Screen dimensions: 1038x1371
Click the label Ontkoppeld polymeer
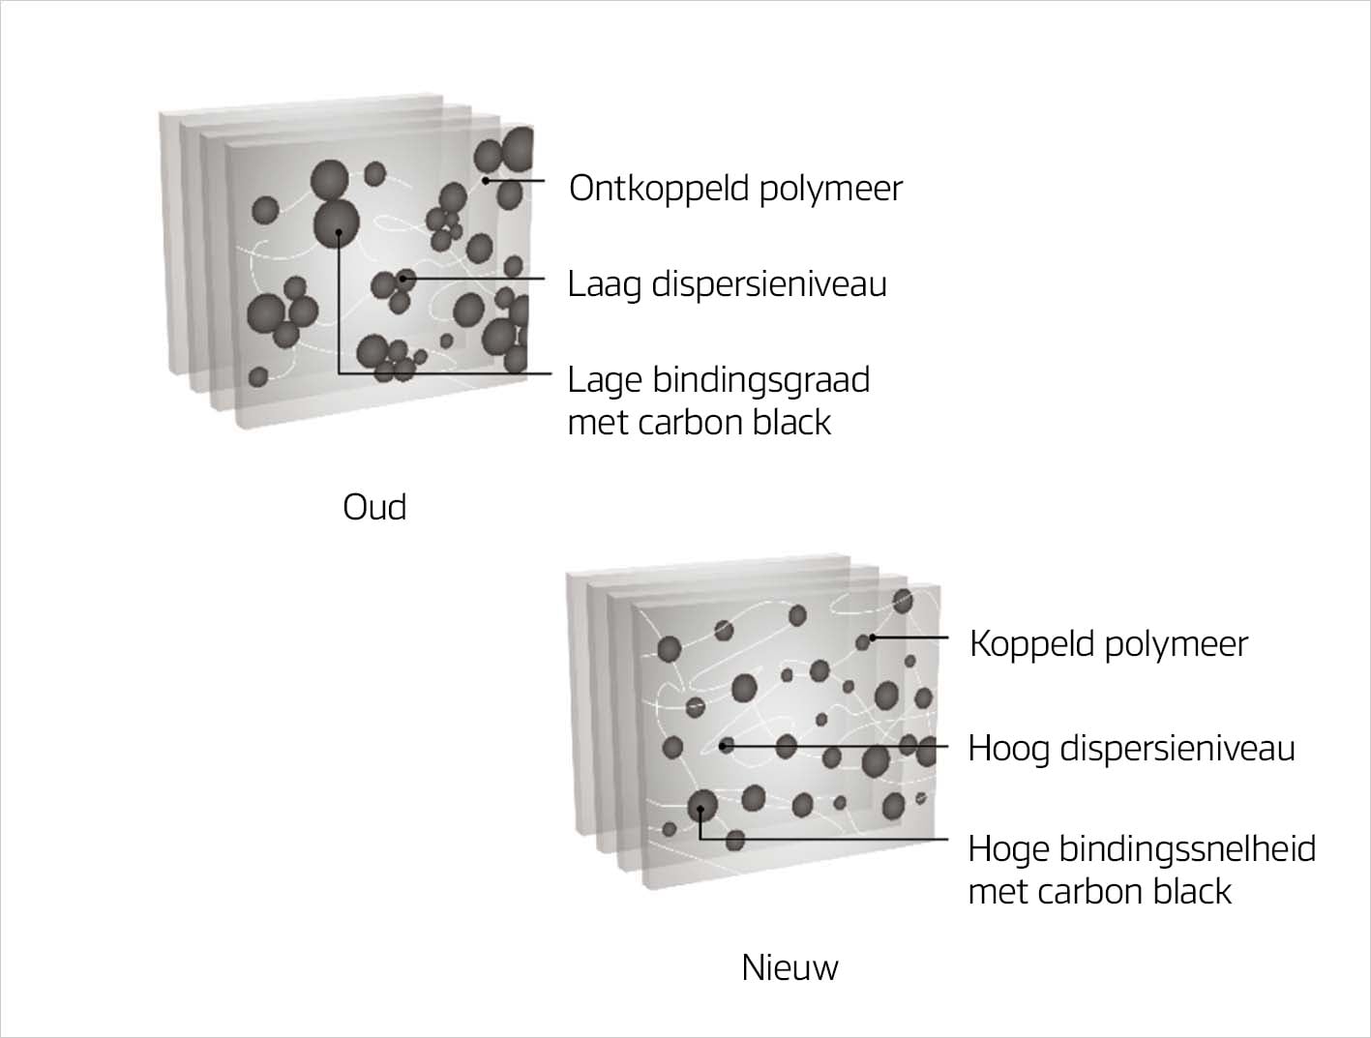735,188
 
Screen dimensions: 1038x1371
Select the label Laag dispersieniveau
727,284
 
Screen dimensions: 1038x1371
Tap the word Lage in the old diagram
605,380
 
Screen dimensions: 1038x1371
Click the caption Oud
374,507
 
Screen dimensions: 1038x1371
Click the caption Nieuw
790,967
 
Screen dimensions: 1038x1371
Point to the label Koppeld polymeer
1109,644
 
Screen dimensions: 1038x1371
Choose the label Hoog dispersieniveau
1131,749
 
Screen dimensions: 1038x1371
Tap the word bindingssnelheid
1187,848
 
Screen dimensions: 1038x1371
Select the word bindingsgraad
761,380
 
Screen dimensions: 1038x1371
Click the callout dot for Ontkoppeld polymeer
486,180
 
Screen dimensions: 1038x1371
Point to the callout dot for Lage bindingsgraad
338,232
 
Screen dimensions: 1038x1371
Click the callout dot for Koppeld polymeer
872,638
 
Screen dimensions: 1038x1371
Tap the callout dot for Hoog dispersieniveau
725,746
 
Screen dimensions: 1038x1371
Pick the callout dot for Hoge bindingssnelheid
700,809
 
